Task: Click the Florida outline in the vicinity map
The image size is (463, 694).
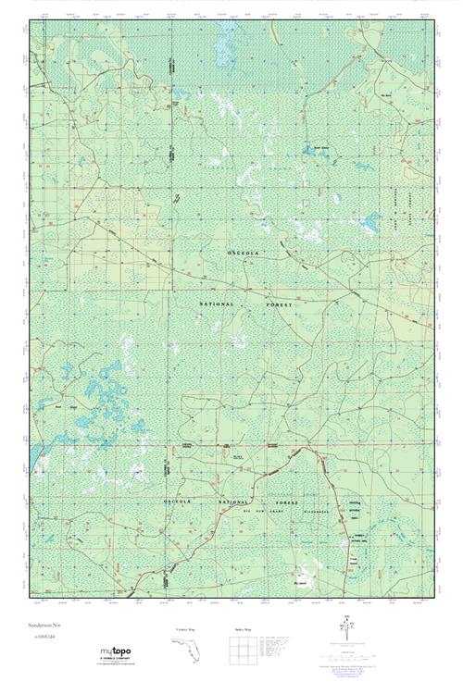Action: (188, 651)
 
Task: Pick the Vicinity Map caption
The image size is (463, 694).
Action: (187, 628)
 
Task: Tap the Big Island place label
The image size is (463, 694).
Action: (301, 583)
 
